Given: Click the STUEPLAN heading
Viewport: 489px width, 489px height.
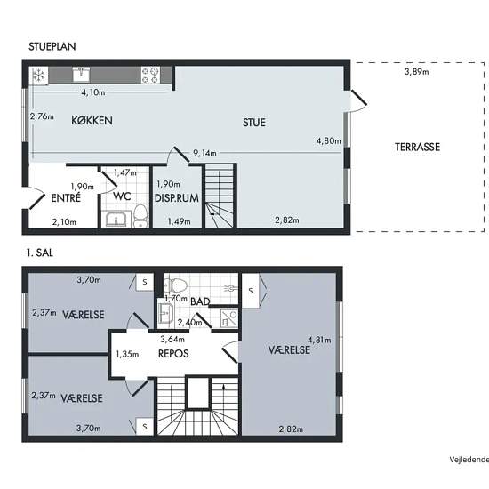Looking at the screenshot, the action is pyautogui.click(x=52, y=46).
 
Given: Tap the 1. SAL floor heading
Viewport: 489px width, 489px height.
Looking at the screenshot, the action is pyautogui.click(x=40, y=253).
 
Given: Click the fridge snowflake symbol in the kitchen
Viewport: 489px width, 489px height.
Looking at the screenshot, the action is pyautogui.click(x=38, y=76).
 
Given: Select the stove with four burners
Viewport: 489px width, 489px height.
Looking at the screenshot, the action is pyautogui.click(x=150, y=76).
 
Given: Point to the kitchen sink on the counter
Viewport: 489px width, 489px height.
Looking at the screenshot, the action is pyautogui.click(x=81, y=74).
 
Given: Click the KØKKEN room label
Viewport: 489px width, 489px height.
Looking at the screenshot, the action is pyautogui.click(x=92, y=121).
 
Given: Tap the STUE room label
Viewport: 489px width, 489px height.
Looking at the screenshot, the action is pyautogui.click(x=254, y=123).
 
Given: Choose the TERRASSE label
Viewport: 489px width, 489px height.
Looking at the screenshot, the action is pyautogui.click(x=417, y=147).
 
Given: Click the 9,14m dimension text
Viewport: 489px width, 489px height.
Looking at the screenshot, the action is pyautogui.click(x=204, y=153).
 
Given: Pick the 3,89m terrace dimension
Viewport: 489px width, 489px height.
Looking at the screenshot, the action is pyautogui.click(x=417, y=72).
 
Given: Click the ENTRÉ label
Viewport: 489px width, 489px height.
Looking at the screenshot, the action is pyautogui.click(x=66, y=198).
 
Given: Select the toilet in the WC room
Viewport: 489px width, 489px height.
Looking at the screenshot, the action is pyautogui.click(x=140, y=216).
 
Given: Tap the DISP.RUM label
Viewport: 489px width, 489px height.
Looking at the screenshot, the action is pyautogui.click(x=177, y=198).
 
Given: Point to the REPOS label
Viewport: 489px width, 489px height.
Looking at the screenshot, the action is pyautogui.click(x=173, y=354).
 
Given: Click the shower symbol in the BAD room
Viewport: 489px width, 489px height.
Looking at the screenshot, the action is pyautogui.click(x=229, y=318).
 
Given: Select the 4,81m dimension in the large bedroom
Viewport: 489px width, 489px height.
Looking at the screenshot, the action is pyautogui.click(x=319, y=340).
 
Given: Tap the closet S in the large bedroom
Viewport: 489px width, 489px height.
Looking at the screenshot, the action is pyautogui.click(x=251, y=291).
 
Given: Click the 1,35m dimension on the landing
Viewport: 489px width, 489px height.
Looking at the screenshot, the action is pyautogui.click(x=127, y=354).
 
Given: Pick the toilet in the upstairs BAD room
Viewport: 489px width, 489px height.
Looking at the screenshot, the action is pyautogui.click(x=175, y=285).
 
